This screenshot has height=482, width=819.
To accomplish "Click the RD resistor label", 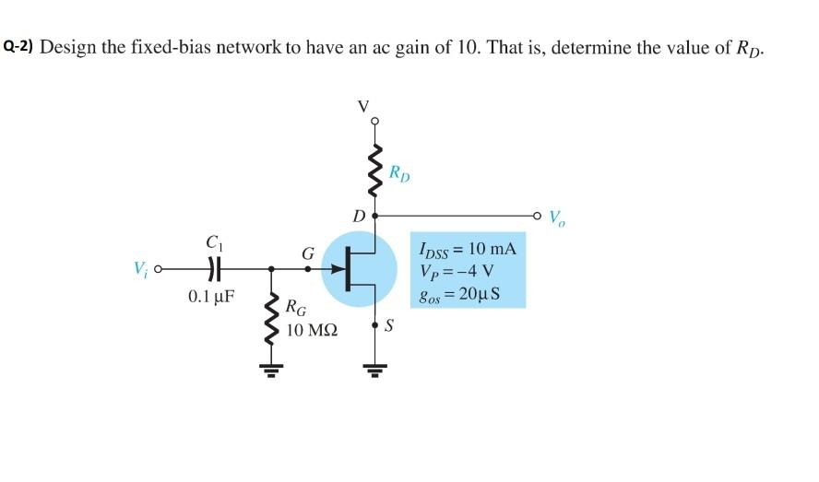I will click(x=399, y=172).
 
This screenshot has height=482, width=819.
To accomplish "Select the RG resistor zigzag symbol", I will click(x=270, y=318).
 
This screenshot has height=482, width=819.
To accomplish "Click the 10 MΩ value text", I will click(x=312, y=327).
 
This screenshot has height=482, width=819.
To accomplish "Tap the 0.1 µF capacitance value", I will click(x=211, y=297).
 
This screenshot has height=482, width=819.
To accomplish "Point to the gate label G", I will click(x=307, y=251).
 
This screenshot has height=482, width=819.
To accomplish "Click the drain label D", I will click(x=359, y=217).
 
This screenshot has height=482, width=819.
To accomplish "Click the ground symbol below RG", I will click(x=270, y=372).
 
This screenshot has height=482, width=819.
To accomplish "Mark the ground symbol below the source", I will click(x=375, y=372).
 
